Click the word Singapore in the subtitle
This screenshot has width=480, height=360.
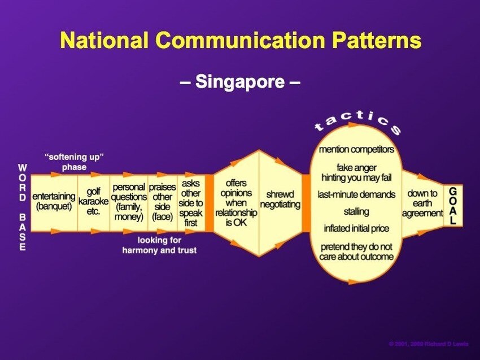pyautogui.click(x=240, y=82)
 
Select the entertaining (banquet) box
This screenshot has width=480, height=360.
pyautogui.click(x=54, y=202)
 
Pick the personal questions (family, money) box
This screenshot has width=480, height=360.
pyautogui.click(x=128, y=202)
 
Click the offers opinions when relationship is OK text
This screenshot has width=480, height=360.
pyautogui.click(x=235, y=202)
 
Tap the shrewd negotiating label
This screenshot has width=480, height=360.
pyautogui.click(x=280, y=199)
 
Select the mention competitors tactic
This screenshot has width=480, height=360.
pyautogui.click(x=356, y=150)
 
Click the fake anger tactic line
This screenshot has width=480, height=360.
pyautogui.click(x=356, y=168)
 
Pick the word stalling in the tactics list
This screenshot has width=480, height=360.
pyautogui.click(x=356, y=211)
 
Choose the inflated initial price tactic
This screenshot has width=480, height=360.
pyautogui.click(x=356, y=229)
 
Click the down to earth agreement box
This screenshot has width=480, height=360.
pyautogui.click(x=422, y=203)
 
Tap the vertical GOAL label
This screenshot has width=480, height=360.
pyautogui.click(x=453, y=206)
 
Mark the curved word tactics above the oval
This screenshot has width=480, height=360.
pyautogui.click(x=358, y=120)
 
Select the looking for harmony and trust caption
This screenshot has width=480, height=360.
pyautogui.click(x=159, y=245)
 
